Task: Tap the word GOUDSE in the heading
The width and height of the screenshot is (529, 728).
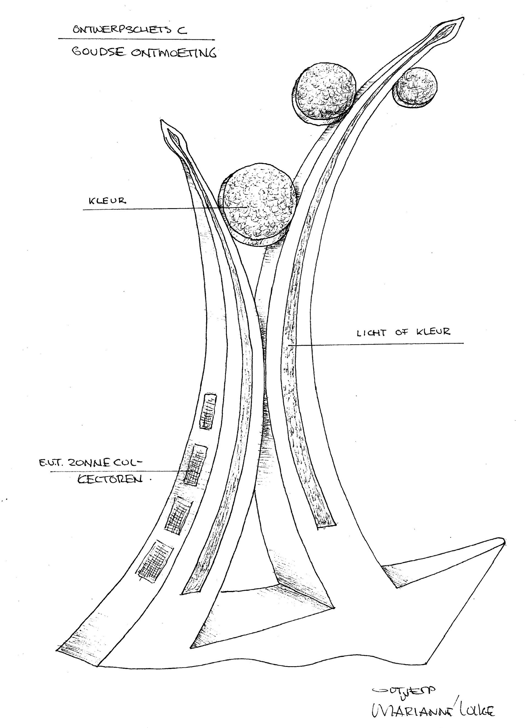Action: (x=98, y=52)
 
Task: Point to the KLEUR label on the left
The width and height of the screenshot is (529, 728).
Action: (x=107, y=201)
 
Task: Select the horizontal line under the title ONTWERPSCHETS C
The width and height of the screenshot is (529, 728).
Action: (x=136, y=39)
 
